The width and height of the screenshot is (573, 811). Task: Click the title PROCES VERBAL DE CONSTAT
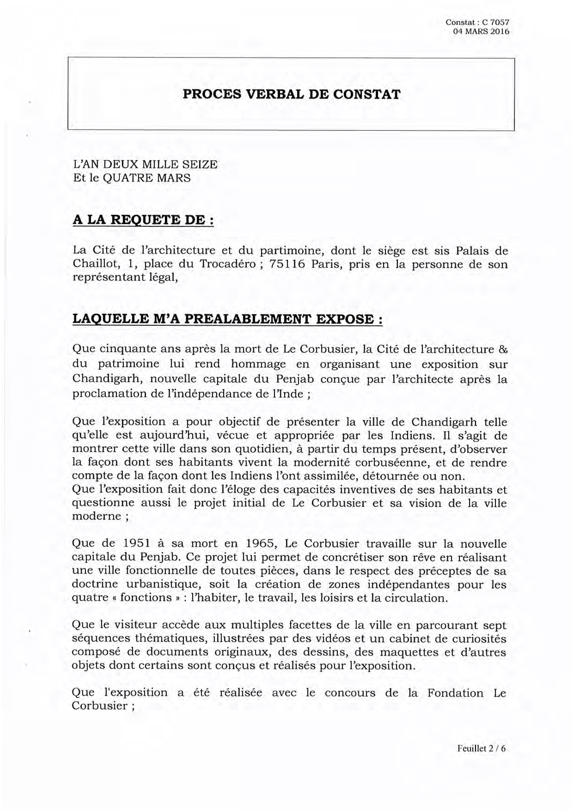coord(291,94)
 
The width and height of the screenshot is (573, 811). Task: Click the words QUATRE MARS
coord(147,178)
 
